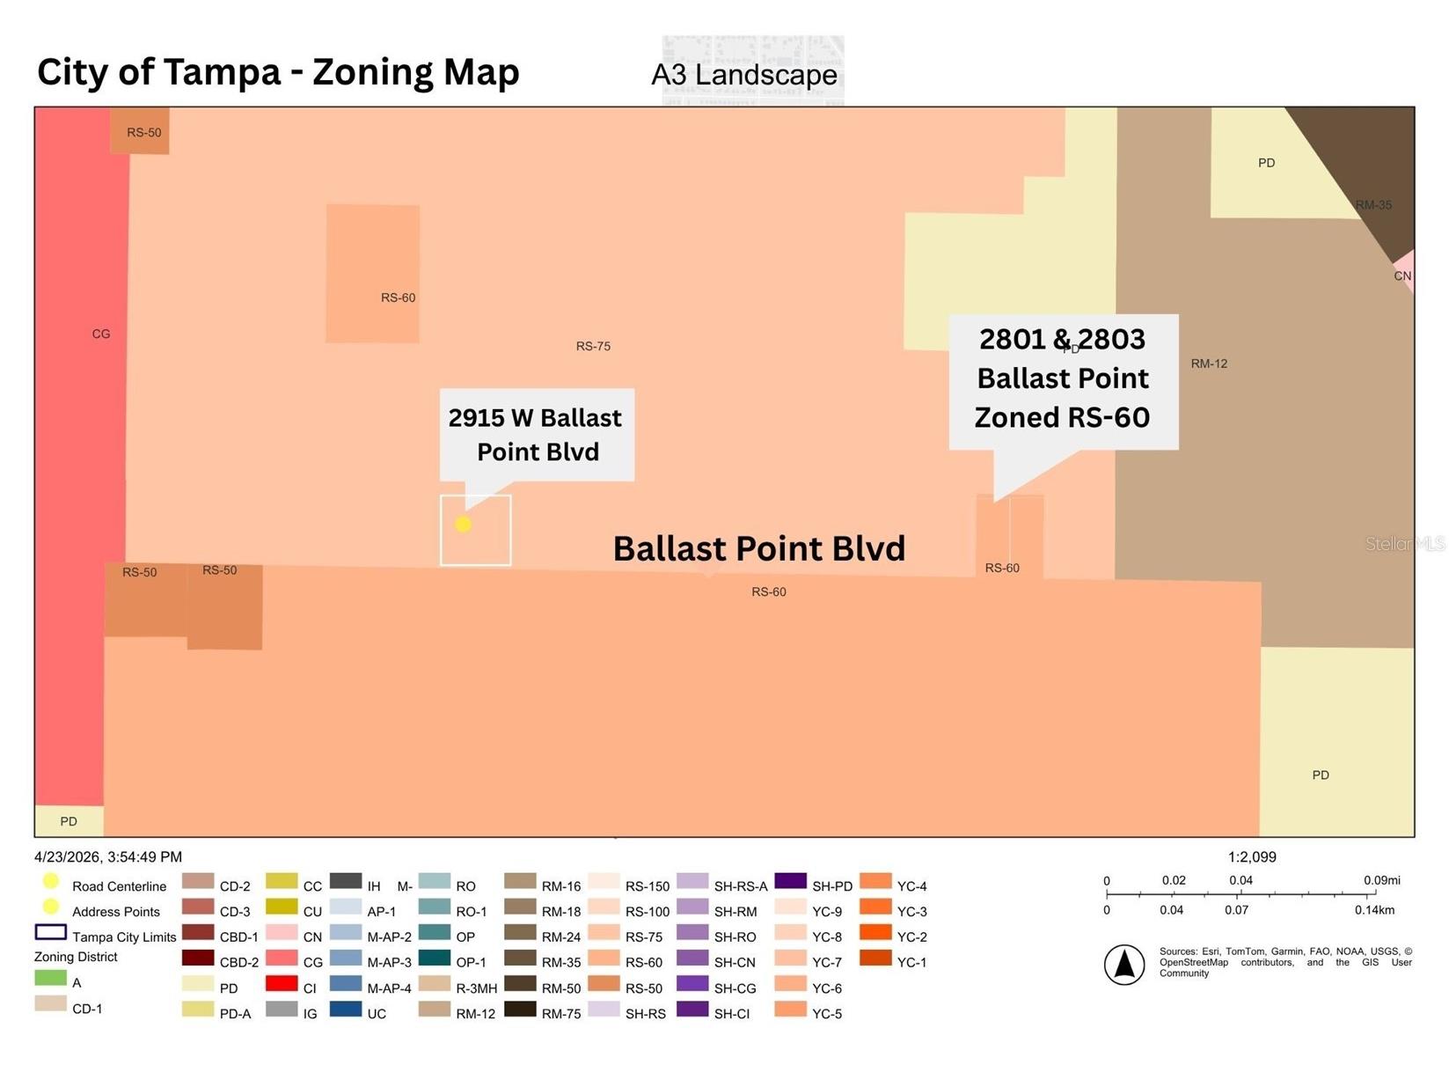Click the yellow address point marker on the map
click(463, 524)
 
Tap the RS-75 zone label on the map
click(593, 346)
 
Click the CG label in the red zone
click(101, 334)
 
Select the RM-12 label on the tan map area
click(1209, 364)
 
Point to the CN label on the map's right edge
click(1402, 276)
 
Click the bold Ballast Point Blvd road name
click(759, 548)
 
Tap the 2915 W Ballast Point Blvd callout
click(536, 435)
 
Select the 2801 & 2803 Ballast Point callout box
click(1064, 382)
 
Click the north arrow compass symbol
click(1124, 965)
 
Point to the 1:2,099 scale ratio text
click(1252, 857)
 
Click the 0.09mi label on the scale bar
click(1381, 880)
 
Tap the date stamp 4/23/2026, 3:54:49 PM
click(108, 857)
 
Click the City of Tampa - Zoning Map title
click(278, 72)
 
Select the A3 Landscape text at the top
click(744, 75)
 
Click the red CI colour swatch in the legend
click(282, 983)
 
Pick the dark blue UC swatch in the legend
click(346, 1009)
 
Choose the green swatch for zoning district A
click(50, 978)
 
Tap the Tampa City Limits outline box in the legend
click(50, 932)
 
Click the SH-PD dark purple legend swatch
click(791, 881)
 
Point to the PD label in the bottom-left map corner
click(69, 821)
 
